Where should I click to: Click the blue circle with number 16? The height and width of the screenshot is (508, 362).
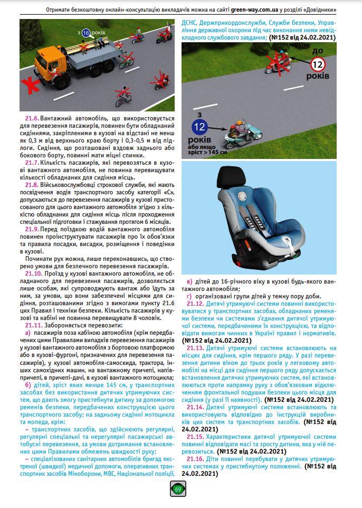click(x=86, y=33)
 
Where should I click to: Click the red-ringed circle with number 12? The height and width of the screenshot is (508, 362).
click(x=317, y=64)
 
